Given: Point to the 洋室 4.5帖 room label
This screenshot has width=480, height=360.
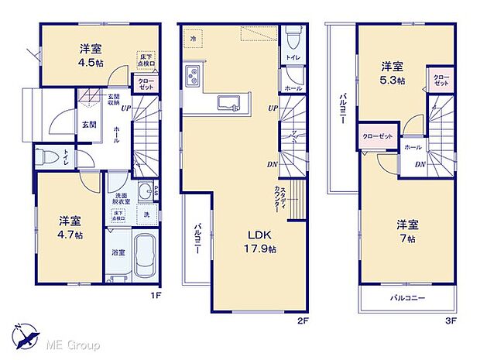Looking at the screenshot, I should (89, 55).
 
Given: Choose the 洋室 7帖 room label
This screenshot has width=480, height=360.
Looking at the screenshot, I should (408, 231).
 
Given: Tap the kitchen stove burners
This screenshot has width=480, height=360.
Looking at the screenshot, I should (192, 76).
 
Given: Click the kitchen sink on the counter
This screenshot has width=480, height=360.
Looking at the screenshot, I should (229, 102).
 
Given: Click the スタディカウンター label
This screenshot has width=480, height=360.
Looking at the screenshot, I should (279, 200).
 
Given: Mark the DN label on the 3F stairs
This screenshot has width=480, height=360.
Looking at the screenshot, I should (419, 163).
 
